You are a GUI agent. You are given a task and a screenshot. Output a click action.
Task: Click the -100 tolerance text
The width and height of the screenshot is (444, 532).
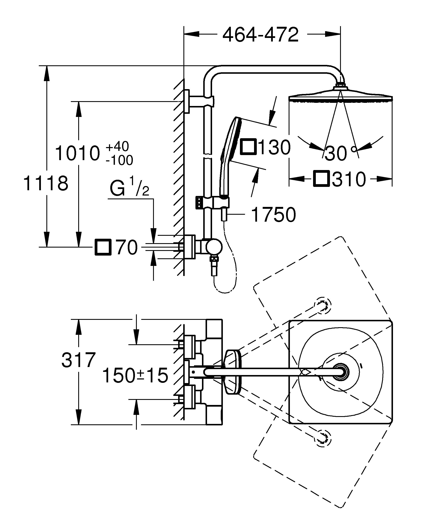click(x=119, y=160)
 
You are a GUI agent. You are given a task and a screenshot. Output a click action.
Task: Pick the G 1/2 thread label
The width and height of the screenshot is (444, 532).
click(x=129, y=187)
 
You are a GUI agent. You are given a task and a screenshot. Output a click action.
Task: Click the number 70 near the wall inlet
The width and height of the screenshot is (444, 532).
click(x=126, y=247)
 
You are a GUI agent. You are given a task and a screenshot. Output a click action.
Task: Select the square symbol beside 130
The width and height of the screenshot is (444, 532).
click(x=249, y=147)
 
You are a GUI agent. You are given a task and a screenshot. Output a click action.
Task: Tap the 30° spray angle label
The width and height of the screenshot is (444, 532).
click(x=340, y=153)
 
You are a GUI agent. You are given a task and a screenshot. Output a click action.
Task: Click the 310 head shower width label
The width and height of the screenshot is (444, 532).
click(x=349, y=179)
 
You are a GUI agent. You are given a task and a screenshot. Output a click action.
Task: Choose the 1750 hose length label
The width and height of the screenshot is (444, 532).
click(x=273, y=214)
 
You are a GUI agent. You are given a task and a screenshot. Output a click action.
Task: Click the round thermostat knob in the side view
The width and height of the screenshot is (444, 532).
click(x=214, y=247)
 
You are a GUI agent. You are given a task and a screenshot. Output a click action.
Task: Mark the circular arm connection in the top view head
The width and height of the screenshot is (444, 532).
click(x=341, y=372)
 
